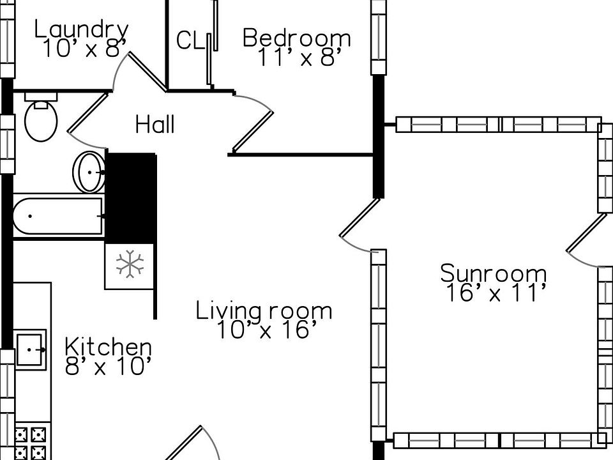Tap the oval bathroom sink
89,171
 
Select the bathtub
57,217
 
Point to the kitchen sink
30,349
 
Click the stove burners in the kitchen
31,441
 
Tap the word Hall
155,125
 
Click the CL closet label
190,42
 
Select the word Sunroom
493,273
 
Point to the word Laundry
81,29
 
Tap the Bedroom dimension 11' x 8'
296,58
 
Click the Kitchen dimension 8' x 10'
109,367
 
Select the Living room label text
264,311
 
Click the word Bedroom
296,38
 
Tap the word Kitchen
109,348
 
